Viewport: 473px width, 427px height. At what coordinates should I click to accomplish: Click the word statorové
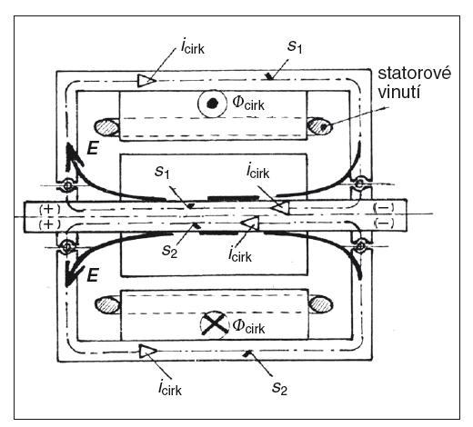[x=414, y=74]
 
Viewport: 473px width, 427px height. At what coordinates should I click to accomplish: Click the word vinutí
[x=399, y=93]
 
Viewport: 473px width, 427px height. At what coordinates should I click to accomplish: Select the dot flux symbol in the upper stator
[x=212, y=104]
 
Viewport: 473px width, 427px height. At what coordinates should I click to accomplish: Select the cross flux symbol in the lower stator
[x=215, y=323]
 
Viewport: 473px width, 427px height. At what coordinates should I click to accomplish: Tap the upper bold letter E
[x=92, y=148]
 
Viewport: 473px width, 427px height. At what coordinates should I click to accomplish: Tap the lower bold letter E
[x=92, y=275]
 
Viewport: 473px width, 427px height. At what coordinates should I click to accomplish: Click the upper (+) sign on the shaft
[x=50, y=209]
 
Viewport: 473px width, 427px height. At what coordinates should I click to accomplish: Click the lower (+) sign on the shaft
[x=50, y=224]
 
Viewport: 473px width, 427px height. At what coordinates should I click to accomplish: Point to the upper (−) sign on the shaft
[x=384, y=208]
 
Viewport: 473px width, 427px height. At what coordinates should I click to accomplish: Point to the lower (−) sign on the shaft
[x=384, y=223]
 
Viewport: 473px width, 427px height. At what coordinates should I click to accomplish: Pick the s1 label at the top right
[x=295, y=47]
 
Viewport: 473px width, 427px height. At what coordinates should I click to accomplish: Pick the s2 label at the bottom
[x=279, y=388]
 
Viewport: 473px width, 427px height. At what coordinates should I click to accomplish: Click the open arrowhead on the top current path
[x=146, y=81]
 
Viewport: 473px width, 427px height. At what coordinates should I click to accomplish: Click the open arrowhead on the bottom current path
[x=148, y=352]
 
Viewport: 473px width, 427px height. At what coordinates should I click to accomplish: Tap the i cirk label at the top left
[x=192, y=47]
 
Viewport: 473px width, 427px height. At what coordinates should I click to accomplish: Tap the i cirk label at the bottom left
[x=170, y=388]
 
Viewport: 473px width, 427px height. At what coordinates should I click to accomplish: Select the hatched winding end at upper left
[x=106, y=127]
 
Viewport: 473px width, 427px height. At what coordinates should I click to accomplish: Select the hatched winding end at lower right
[x=321, y=304]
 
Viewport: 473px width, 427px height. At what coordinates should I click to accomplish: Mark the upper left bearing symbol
[x=67, y=184]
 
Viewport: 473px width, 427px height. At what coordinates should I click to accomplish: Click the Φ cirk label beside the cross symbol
[x=248, y=326]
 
